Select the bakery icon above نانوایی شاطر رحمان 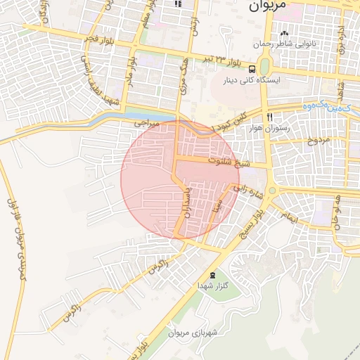[x=285, y=34]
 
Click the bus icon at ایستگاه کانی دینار [x=251, y=68]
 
